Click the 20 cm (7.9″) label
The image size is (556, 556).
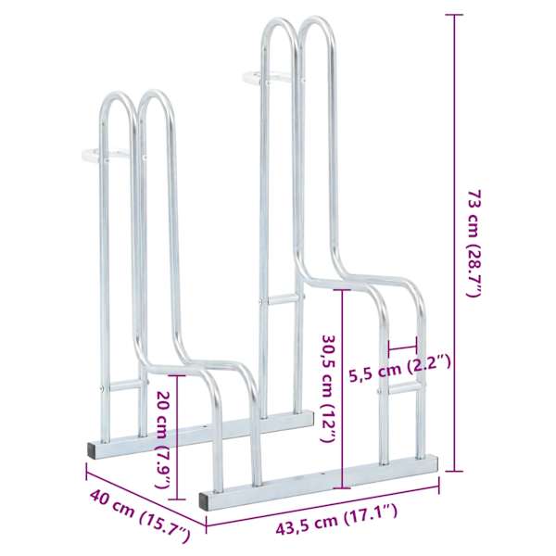(165, 439)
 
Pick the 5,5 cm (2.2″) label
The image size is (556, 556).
(399, 369)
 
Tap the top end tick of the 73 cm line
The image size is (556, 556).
(454, 15)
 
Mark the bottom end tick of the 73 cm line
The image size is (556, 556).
(454, 472)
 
